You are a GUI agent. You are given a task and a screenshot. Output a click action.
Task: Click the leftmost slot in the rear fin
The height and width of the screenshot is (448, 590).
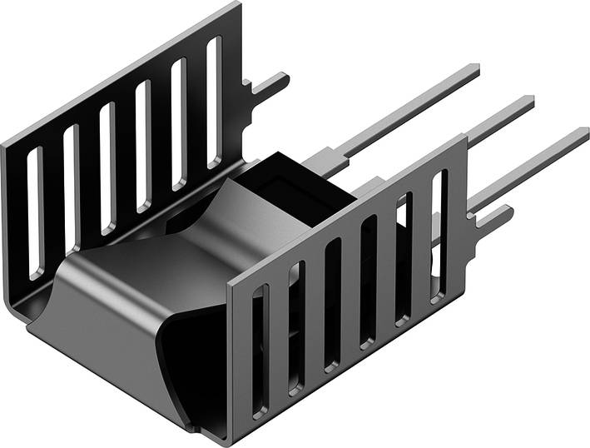34,212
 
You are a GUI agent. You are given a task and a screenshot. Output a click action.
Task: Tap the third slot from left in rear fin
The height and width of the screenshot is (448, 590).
107,167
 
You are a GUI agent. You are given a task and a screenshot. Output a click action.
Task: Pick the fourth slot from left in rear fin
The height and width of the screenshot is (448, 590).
143,144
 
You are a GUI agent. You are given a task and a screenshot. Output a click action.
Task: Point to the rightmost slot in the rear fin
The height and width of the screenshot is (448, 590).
215,100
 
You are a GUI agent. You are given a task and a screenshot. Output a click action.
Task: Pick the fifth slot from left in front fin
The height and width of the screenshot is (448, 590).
404,258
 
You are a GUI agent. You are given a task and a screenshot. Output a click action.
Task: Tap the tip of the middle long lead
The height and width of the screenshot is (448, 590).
530,102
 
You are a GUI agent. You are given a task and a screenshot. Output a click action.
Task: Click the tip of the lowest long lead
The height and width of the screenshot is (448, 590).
584,133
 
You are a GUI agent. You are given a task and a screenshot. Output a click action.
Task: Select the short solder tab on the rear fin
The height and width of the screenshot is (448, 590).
275,83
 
